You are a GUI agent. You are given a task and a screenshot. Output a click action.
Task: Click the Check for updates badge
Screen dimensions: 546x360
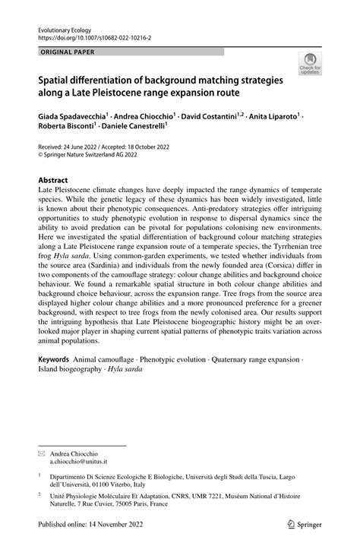click(x=310, y=64)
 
